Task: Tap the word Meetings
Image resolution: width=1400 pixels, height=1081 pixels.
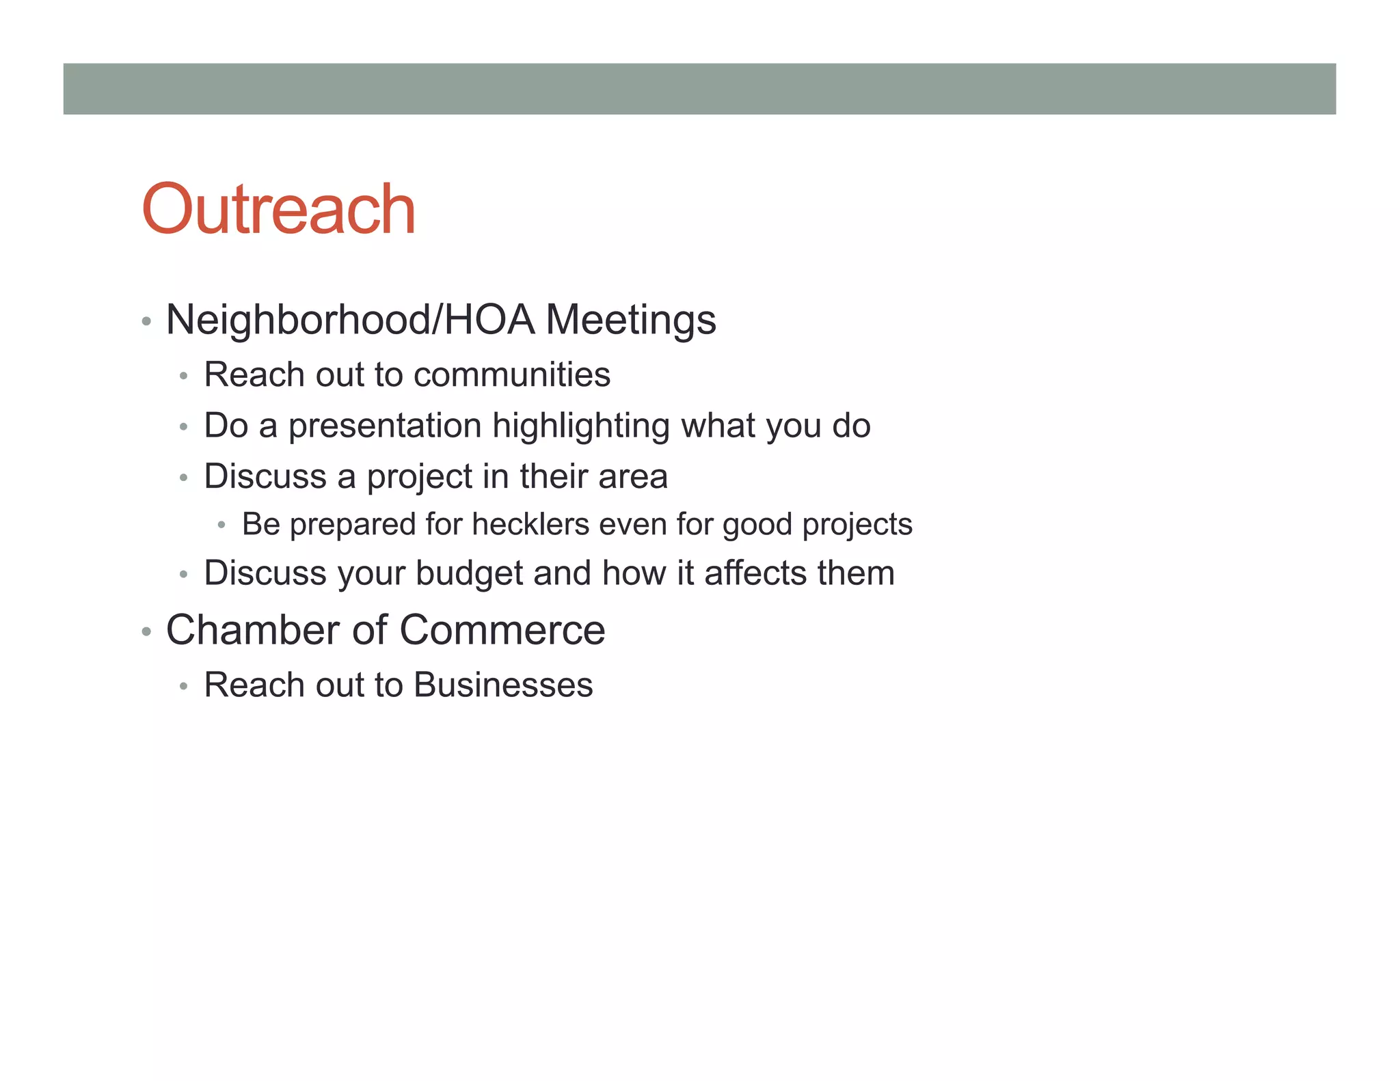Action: pos(630,320)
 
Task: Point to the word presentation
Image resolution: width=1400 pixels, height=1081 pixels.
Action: pos(385,426)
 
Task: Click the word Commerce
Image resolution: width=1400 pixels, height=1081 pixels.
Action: pos(502,629)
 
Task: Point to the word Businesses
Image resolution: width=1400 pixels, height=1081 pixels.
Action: pos(503,685)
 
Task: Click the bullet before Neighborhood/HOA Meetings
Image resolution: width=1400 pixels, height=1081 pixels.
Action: pos(146,321)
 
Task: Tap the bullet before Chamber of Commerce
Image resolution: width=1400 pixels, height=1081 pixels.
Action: pos(146,631)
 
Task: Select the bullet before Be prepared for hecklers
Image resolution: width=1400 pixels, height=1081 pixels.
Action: pos(221,525)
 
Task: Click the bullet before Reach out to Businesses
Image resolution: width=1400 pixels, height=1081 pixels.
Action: pos(183,686)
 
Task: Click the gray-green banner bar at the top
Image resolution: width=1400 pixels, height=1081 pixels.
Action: pos(699,89)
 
